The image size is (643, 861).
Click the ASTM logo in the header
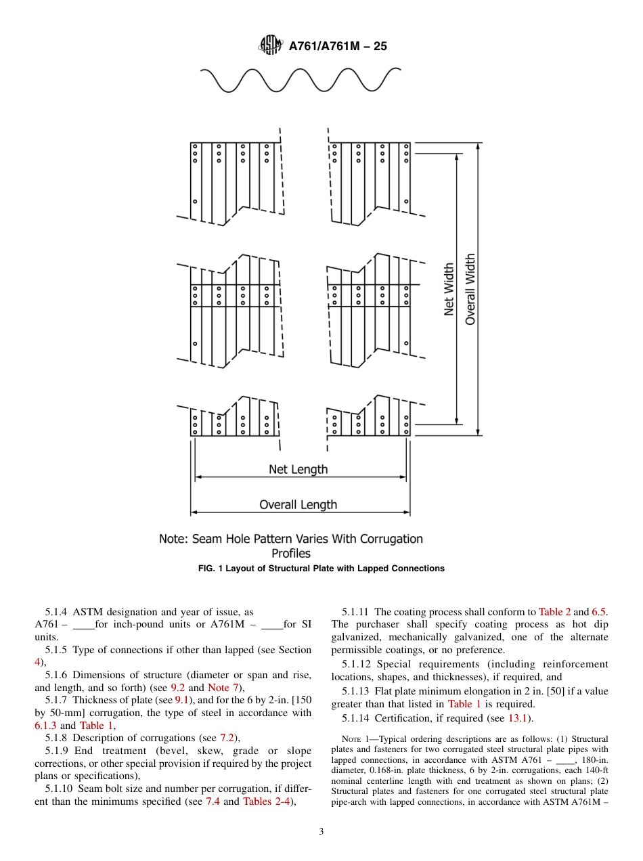click(x=270, y=46)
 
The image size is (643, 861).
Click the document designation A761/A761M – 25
click(x=337, y=47)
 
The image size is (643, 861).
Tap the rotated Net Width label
click(x=449, y=289)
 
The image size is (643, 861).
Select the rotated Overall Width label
click(x=470, y=289)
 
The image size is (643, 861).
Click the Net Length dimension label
click(x=298, y=469)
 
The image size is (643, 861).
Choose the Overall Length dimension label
click(x=298, y=504)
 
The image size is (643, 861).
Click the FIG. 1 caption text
click(x=321, y=569)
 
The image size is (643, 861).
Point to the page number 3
click(x=321, y=832)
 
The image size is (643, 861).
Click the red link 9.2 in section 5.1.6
click(x=177, y=688)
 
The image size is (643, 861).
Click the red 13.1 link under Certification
click(x=517, y=718)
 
